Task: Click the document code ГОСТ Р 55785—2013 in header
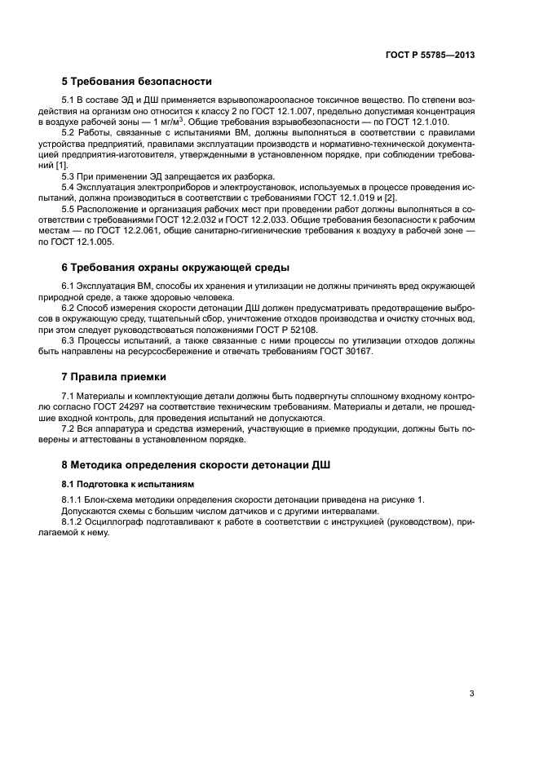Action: pyautogui.click(x=430, y=55)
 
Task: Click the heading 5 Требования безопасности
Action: pyautogui.click(x=136, y=81)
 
